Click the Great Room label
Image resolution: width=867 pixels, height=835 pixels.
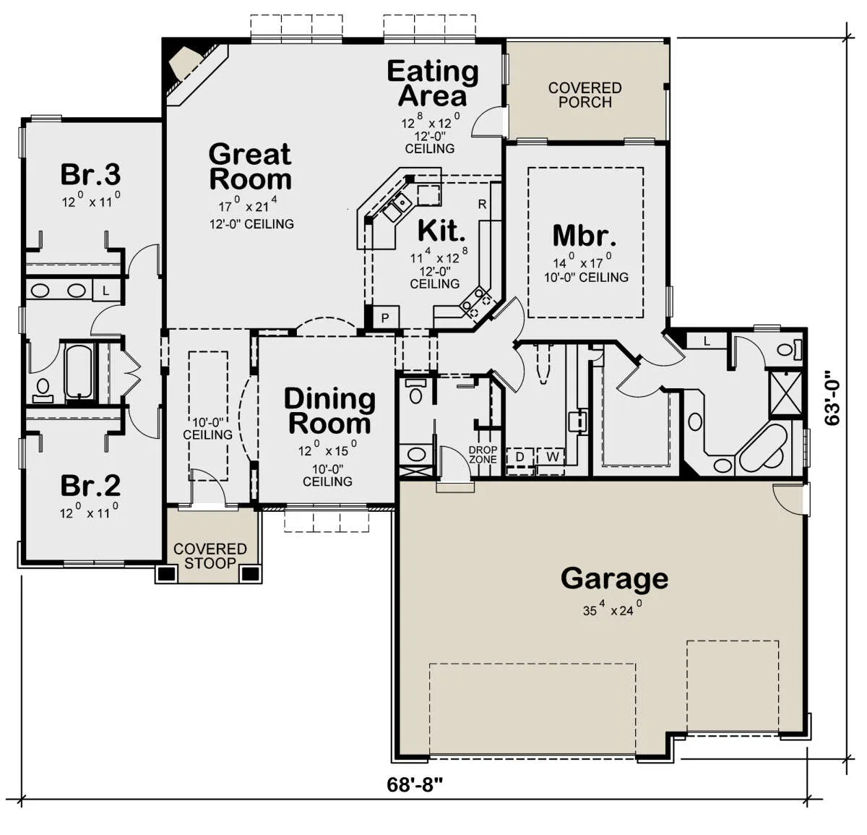click(250, 167)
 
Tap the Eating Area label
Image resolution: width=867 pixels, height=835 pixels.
click(433, 84)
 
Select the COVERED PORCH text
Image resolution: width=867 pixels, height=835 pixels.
click(585, 95)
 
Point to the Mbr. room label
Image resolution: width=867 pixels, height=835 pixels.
click(585, 236)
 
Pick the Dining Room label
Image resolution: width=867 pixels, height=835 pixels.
click(329, 411)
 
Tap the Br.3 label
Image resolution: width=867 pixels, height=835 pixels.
click(90, 174)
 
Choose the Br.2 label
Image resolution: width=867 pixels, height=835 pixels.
click(90, 486)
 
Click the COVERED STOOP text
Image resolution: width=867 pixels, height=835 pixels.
click(210, 556)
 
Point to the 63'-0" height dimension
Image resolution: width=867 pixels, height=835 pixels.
click(832, 397)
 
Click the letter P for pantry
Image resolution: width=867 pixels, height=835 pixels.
click(385, 318)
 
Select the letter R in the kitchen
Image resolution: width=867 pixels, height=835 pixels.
click(482, 204)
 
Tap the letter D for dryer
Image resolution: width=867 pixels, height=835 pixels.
click(519, 457)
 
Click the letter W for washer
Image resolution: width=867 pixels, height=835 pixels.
click(553, 456)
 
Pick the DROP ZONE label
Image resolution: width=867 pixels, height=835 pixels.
click(483, 454)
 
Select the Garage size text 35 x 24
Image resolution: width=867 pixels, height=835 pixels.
click(612, 609)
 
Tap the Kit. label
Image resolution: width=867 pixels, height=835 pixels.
click(441, 231)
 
